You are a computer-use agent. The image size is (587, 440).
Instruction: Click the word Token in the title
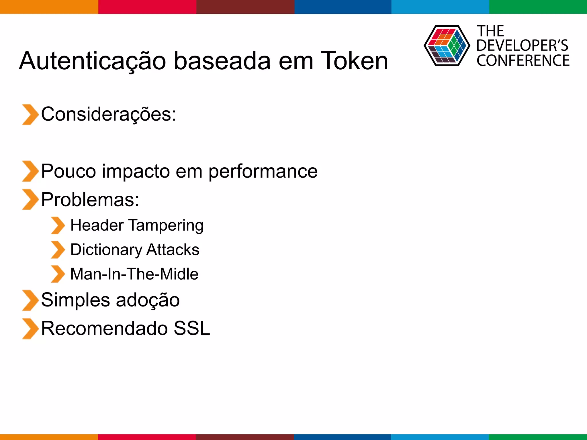[354, 61]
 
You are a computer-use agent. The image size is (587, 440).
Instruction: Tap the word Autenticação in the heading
[92, 61]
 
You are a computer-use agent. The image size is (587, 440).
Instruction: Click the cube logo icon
[447, 46]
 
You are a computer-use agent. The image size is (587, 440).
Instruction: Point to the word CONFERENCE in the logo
[523, 61]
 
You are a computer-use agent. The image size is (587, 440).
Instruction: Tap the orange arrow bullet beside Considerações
[30, 115]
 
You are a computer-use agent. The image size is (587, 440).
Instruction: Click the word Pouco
[69, 171]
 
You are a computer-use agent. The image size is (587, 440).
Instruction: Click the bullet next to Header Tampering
[58, 225]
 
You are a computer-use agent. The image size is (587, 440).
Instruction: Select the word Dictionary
[106, 250]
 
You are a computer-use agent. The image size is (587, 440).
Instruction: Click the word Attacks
[173, 250]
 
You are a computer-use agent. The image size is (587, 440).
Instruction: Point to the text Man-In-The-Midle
[134, 274]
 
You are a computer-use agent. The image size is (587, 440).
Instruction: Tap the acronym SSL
[192, 328]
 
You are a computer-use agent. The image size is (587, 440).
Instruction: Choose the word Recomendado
[104, 328]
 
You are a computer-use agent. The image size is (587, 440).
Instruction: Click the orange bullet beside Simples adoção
[30, 300]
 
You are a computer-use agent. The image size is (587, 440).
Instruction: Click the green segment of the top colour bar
[538, 7]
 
